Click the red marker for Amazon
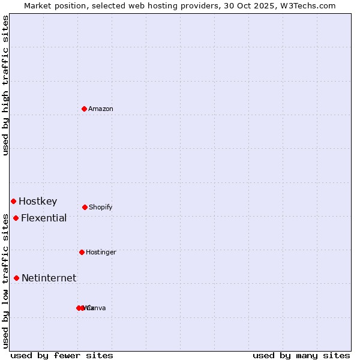pos(85,109)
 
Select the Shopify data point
pos(85,207)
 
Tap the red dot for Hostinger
pos(82,252)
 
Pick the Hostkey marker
pos(13,201)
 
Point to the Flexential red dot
pos(16,218)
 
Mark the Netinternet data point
pos(16,278)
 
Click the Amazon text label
pos(101,109)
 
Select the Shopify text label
pos(101,207)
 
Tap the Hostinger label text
pos(101,252)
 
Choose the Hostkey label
pos(38,201)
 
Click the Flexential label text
pos(44,218)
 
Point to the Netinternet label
pos(49,278)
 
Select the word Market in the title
pos(38,5)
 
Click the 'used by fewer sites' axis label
pos(62,355)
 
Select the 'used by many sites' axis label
pos(301,355)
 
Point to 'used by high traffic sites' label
pos(5,85)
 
